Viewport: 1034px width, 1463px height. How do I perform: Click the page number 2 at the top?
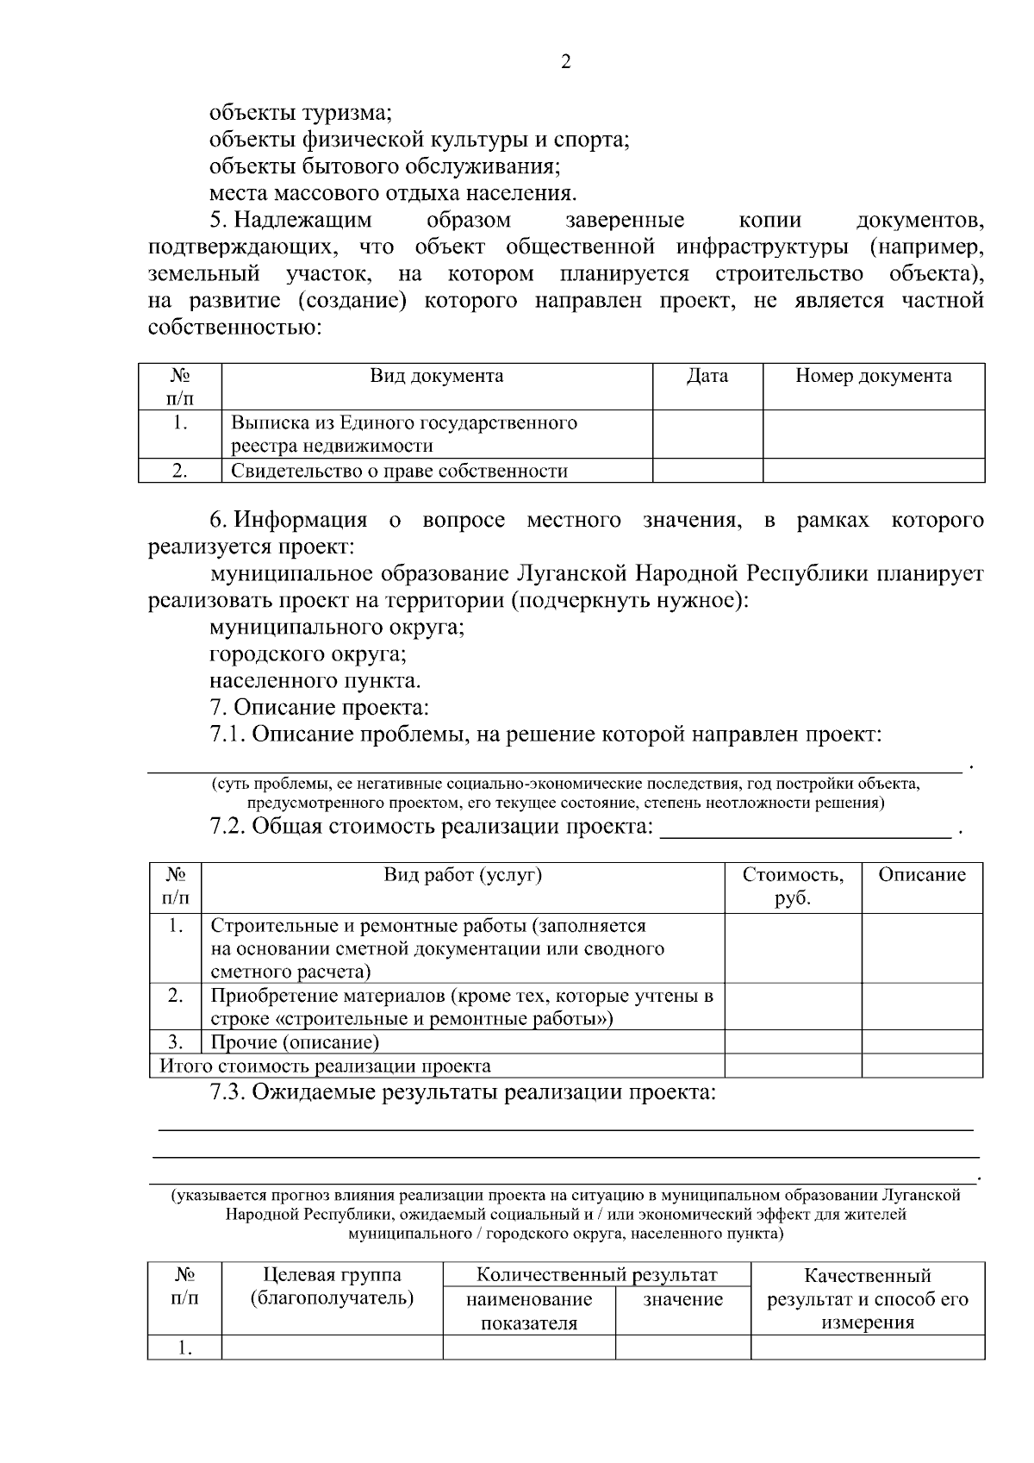point(566,62)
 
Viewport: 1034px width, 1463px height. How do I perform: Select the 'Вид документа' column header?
point(437,376)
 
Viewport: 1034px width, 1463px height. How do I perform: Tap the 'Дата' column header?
point(707,376)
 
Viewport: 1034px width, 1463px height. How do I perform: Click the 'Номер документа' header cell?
point(873,376)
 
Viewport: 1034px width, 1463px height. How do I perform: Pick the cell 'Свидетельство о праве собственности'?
point(399,471)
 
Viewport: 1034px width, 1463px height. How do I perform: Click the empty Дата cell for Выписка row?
point(707,434)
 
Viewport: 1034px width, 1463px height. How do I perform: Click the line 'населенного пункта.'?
point(315,680)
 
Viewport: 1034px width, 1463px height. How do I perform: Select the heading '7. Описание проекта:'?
point(319,708)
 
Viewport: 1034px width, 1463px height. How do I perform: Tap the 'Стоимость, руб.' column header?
point(793,886)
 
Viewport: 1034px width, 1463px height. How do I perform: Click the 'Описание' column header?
point(922,875)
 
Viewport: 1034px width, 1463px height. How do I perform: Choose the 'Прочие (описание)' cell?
point(295,1042)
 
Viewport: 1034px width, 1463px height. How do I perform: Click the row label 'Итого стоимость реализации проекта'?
point(325,1066)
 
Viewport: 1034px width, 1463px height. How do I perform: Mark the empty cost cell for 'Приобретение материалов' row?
point(793,1007)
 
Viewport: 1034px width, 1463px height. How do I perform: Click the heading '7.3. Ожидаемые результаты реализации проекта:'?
point(464,1092)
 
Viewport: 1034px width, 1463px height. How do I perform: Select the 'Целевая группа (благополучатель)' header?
point(332,1286)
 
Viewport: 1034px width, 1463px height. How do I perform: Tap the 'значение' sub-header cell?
point(682,1299)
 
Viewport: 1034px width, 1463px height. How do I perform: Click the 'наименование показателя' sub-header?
point(529,1310)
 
